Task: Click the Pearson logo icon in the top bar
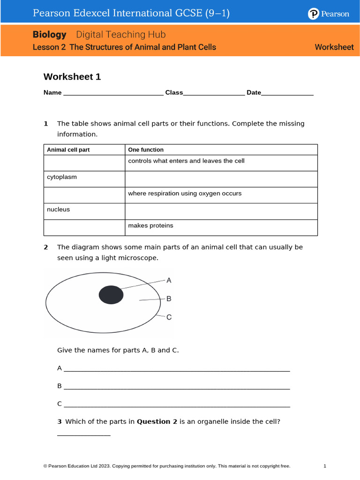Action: click(313, 14)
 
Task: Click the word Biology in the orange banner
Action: click(49, 35)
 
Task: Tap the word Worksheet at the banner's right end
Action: click(334, 47)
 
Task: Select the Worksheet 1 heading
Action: click(72, 77)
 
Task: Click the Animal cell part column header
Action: click(68, 150)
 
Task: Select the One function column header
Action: click(146, 150)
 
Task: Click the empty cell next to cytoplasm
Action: click(221, 179)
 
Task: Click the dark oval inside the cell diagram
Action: click(111, 295)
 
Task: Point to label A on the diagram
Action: click(169, 280)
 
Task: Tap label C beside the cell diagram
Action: click(169, 317)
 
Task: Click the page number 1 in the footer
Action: click(325, 466)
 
